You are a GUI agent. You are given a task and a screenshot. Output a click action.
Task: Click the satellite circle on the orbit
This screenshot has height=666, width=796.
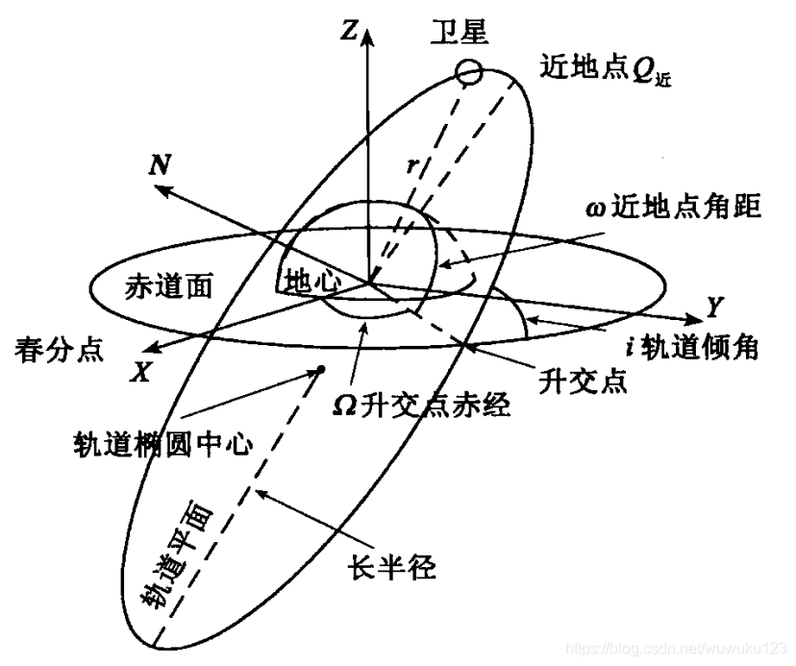point(468,72)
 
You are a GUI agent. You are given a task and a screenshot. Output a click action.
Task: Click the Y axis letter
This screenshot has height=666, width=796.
point(713,308)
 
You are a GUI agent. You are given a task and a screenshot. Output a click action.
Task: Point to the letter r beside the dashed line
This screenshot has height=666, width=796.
point(411,166)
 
